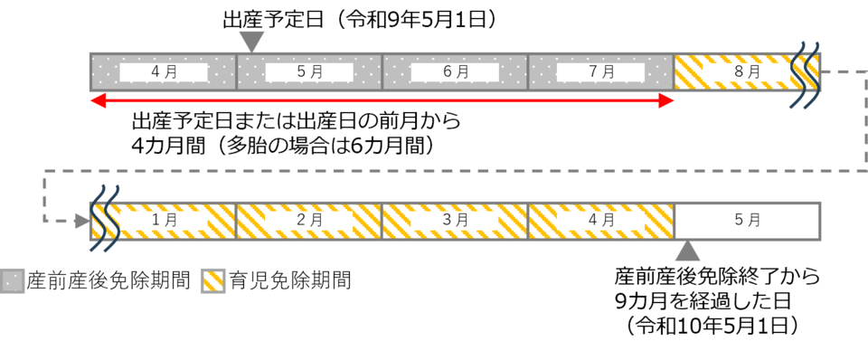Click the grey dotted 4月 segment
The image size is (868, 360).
click(164, 72)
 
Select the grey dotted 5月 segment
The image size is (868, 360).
click(309, 72)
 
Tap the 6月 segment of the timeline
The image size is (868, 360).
click(455, 72)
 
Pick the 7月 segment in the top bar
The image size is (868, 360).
click(601, 72)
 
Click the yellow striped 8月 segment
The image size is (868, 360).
click(748, 72)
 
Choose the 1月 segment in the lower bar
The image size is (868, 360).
click(164, 221)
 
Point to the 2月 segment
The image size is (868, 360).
click(309, 221)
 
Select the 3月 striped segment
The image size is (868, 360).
click(455, 221)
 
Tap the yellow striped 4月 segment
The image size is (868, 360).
click(601, 221)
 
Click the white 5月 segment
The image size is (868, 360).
click(748, 221)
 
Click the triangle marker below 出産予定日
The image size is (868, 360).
click(252, 43)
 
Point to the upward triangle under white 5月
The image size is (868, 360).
click(688, 250)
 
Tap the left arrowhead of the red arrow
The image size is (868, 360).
click(98, 100)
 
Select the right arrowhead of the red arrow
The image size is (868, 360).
click(666, 100)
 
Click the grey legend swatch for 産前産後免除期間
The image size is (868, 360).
click(12, 281)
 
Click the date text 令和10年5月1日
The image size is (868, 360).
click(712, 326)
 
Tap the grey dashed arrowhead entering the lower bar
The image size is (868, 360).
click(83, 222)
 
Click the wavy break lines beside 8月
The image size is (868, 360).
click(805, 74)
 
